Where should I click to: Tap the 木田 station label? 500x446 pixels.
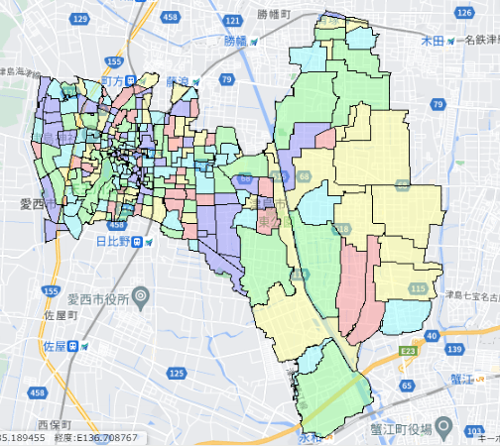coord(432,41)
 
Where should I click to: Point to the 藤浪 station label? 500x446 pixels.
coord(179,80)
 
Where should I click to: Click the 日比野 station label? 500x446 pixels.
coord(115,241)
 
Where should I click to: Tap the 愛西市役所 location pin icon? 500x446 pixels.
coord(141,295)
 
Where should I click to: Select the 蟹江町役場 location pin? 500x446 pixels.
coord(445,428)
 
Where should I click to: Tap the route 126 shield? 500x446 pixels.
coord(463,12)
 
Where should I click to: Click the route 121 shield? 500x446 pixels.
coord(233,20)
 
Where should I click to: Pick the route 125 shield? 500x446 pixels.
coord(177,373)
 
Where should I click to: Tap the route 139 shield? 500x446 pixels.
coord(454,350)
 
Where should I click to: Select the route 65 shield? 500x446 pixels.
coord(407,384)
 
